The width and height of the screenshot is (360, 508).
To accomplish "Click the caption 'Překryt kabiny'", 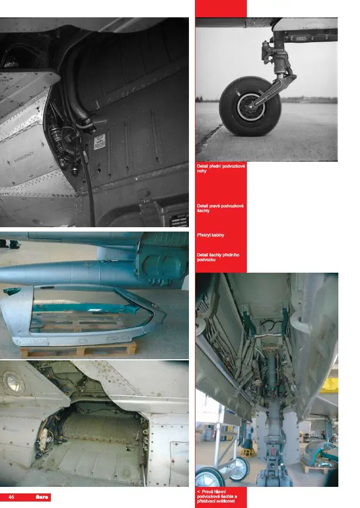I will pyautogui.click(x=211, y=235).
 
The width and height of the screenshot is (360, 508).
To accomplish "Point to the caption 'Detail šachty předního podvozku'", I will pyautogui.click(x=219, y=257).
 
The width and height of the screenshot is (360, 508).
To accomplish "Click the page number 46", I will pyautogui.click(x=11, y=497).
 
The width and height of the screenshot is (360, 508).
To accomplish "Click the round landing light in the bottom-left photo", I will pyautogui.click(x=12, y=382).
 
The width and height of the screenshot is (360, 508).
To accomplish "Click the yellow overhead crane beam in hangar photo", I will pyautogui.click(x=330, y=385).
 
